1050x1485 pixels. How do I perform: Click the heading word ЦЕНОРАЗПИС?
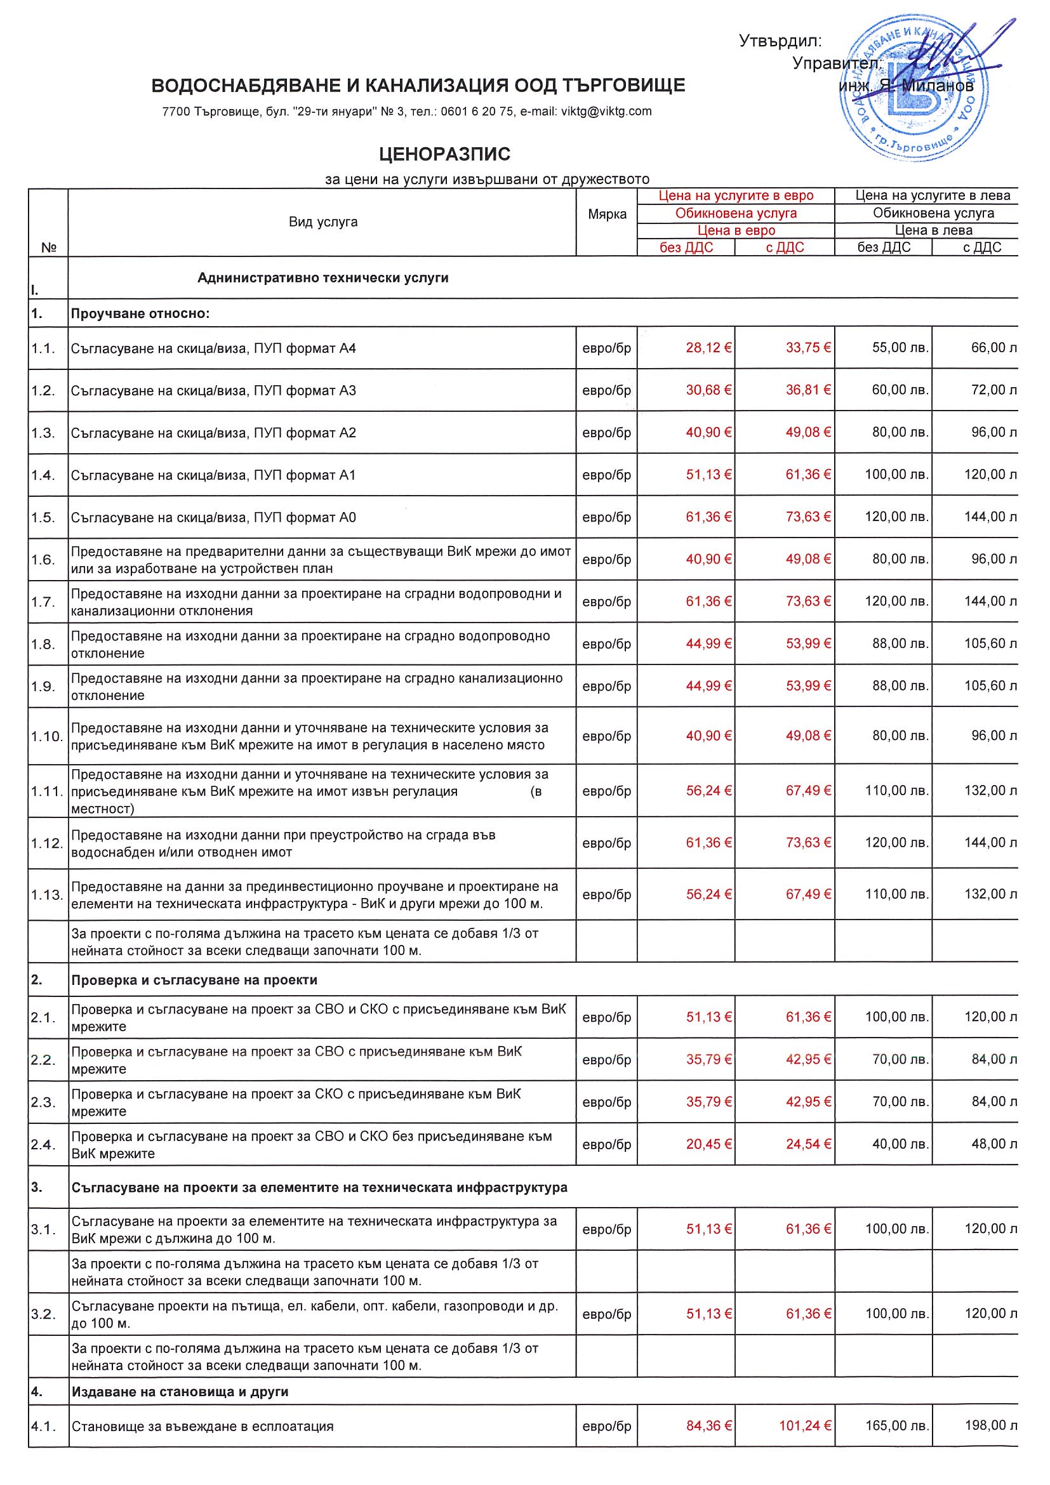tap(444, 154)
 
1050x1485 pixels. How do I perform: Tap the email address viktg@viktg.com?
tap(606, 111)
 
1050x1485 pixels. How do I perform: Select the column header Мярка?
tap(607, 214)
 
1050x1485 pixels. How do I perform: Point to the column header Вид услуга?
tap(323, 222)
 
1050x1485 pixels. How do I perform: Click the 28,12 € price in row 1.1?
tap(708, 348)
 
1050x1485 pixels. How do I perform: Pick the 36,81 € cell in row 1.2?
tap(808, 390)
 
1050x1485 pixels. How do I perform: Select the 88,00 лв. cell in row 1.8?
tap(900, 643)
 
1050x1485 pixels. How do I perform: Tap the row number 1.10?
tap(46, 737)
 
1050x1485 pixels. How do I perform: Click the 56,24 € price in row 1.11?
tap(708, 790)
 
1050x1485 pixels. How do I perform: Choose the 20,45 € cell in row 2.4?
tap(708, 1144)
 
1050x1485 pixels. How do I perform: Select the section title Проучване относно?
tap(140, 313)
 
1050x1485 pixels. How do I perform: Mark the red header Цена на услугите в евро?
tap(736, 195)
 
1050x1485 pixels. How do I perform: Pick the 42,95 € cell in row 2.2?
tap(808, 1059)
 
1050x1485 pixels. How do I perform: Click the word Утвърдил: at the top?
tap(780, 41)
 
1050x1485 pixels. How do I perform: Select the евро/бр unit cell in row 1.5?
tap(606, 517)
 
